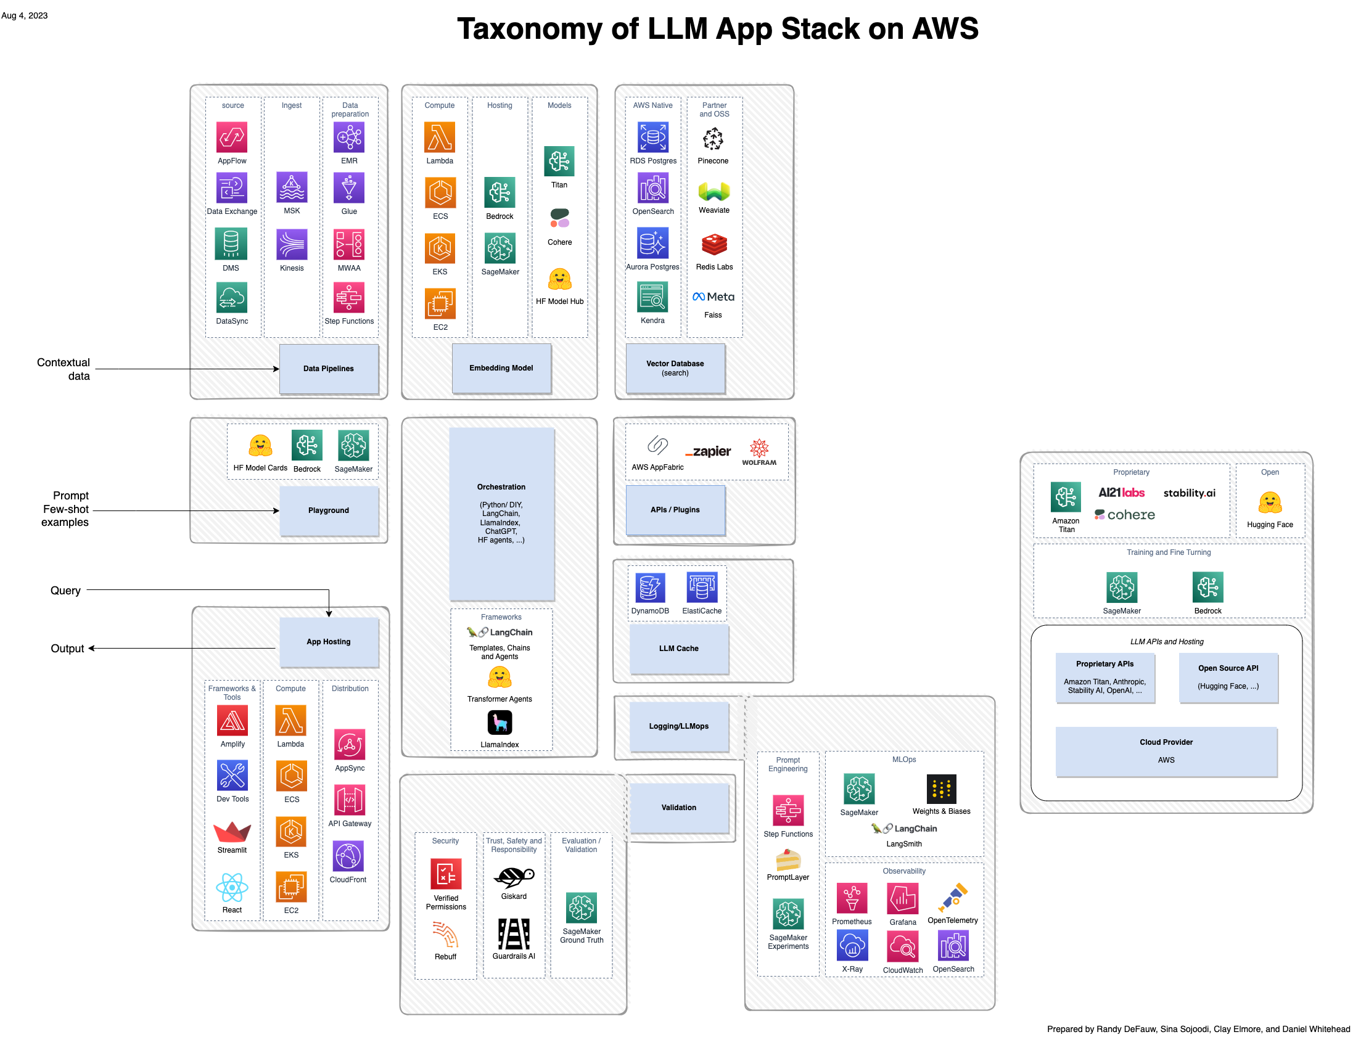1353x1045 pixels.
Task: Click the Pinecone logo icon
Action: (x=713, y=139)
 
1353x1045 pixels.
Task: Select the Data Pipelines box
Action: (x=328, y=369)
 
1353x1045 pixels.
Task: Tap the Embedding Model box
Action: (x=501, y=368)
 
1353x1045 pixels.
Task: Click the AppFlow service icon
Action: (x=232, y=137)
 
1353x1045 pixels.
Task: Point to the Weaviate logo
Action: (x=714, y=191)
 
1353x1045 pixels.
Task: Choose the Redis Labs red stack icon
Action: (x=714, y=245)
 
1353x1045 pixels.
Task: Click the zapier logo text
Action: (x=708, y=451)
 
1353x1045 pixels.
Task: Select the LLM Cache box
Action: (x=678, y=649)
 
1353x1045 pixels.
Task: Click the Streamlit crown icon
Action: (x=232, y=832)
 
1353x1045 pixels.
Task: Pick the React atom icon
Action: (x=232, y=888)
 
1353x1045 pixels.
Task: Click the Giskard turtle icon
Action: (x=514, y=877)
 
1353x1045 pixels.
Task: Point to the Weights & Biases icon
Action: (x=941, y=789)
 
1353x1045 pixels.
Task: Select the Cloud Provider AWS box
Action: (x=1166, y=751)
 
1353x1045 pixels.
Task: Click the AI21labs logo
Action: (x=1121, y=493)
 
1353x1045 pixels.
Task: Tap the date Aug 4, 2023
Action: (x=25, y=15)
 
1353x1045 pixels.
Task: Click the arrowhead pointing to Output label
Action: (x=92, y=649)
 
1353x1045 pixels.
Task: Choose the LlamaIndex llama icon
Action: (x=500, y=723)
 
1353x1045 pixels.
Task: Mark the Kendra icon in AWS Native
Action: (x=652, y=297)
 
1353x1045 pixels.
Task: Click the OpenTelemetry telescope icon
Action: (x=952, y=898)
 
